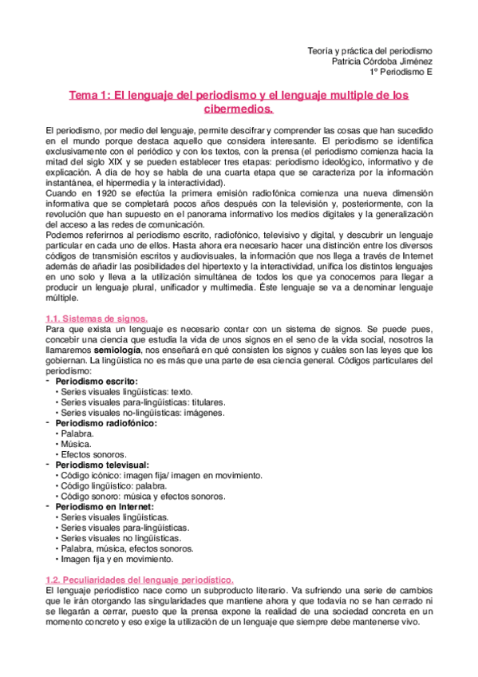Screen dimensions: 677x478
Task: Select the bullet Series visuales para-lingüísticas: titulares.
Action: click(x=143, y=402)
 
